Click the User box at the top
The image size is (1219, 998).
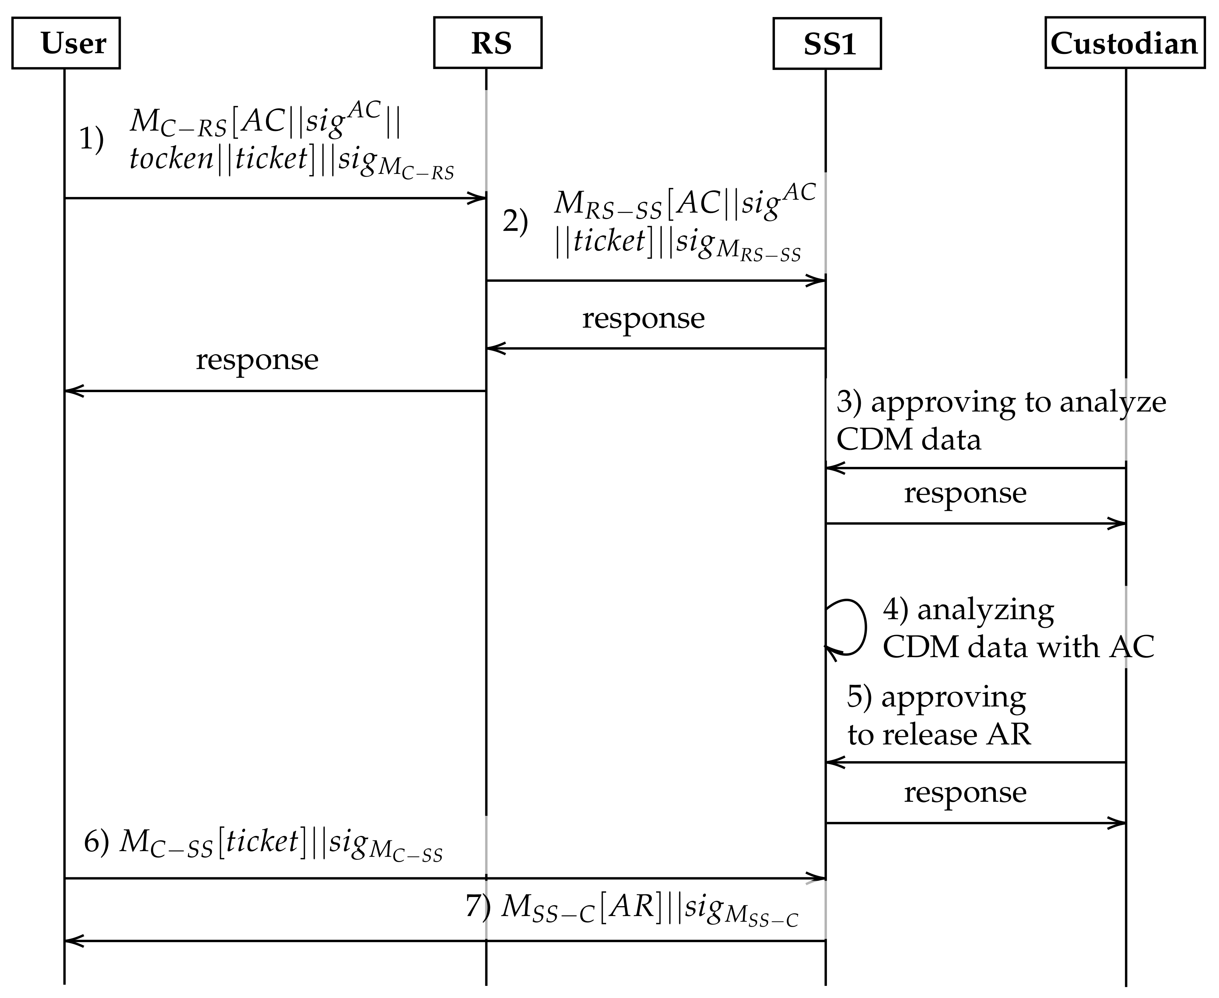[66, 43]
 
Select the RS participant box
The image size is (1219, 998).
[487, 43]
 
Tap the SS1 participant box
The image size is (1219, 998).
[827, 44]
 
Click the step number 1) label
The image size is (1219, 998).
[91, 139]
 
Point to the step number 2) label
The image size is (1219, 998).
[515, 221]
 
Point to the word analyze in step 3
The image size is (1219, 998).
[1113, 402]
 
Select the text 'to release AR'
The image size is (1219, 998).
[939, 735]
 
